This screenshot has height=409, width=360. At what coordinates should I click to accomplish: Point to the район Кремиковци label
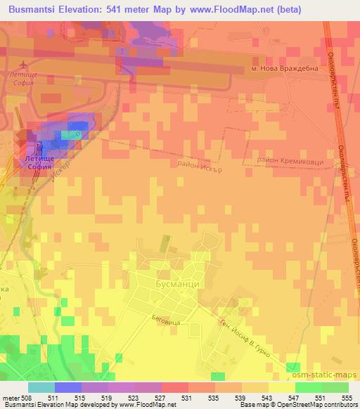[x=290, y=161]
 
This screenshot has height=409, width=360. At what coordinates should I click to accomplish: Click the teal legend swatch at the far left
[x=41, y=387]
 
